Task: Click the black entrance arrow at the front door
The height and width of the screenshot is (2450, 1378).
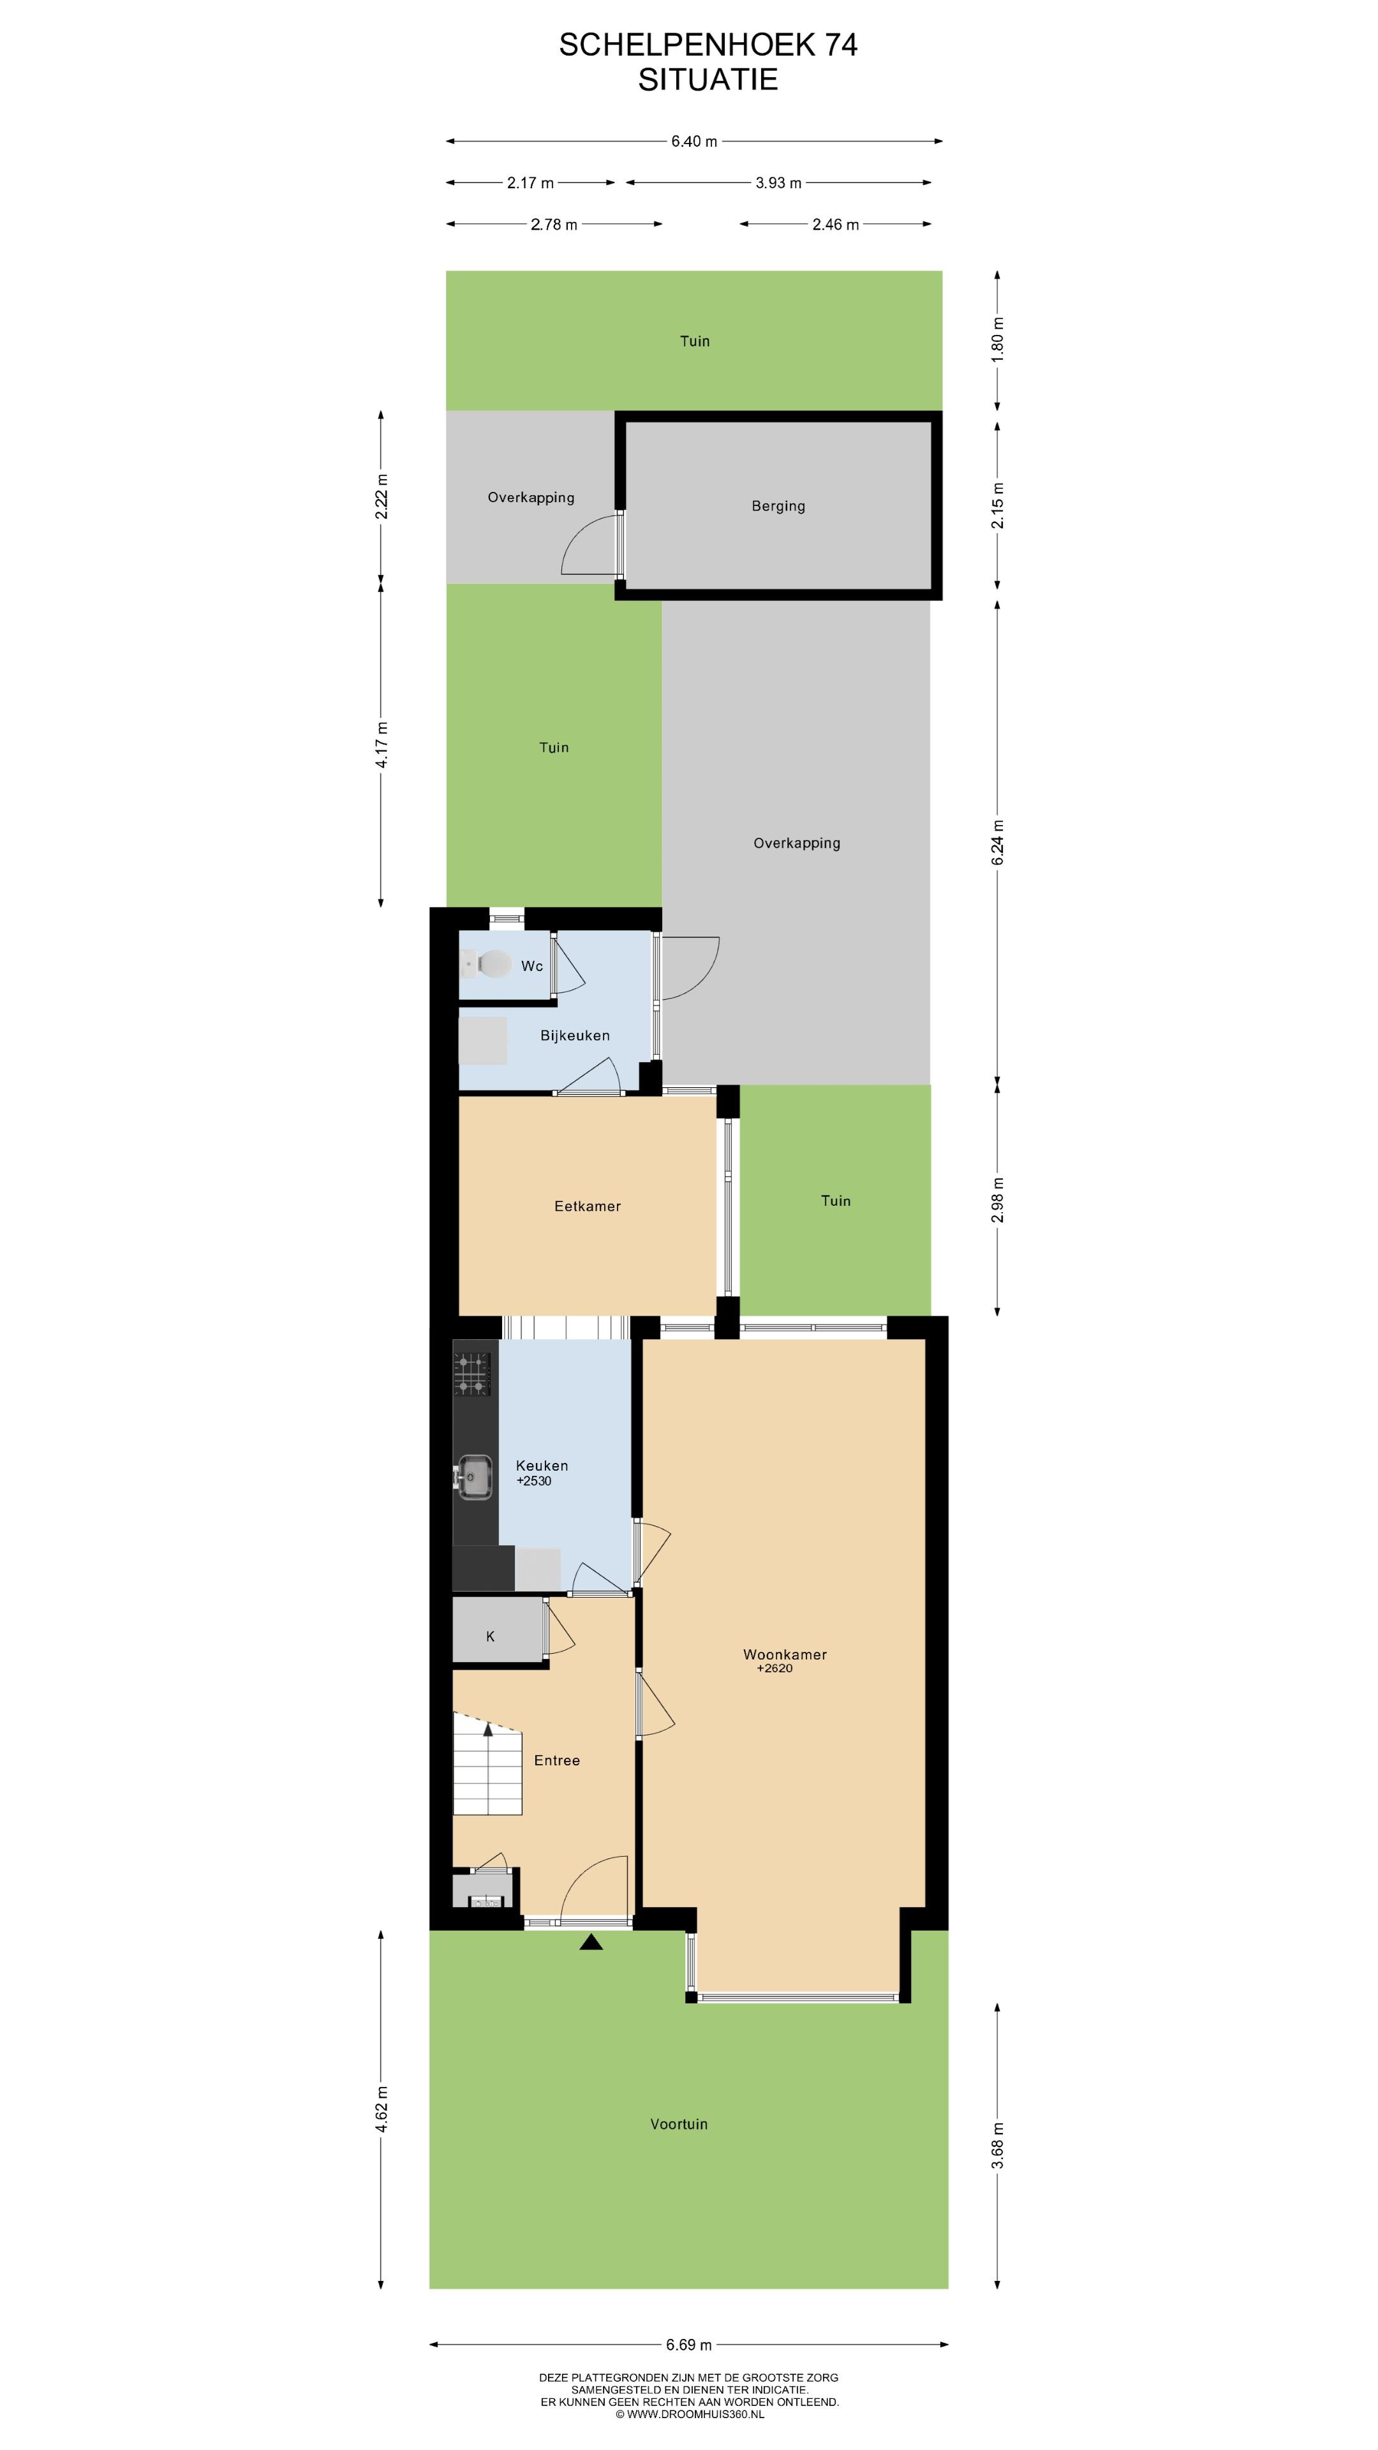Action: (591, 1942)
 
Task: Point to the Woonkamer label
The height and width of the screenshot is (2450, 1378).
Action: (785, 1654)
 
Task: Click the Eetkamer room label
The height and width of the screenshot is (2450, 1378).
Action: (587, 1206)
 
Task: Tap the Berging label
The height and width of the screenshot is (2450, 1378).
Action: (778, 506)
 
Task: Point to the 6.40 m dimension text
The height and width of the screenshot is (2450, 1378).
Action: (694, 142)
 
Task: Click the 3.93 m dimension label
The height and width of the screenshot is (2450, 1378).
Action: (778, 182)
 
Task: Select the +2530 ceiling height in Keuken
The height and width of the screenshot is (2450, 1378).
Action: (533, 1481)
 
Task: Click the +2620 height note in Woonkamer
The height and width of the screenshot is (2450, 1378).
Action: (774, 1668)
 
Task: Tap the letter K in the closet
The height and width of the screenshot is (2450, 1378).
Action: (490, 1637)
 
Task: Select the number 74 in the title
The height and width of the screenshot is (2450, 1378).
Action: (840, 45)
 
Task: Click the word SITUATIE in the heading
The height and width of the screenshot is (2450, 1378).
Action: (708, 79)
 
